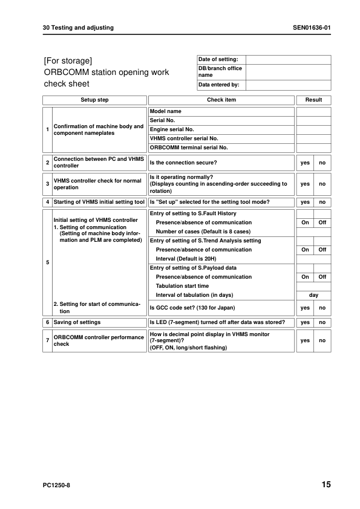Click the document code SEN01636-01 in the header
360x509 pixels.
(312, 28)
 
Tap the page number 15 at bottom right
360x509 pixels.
(326, 485)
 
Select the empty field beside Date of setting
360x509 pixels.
(288, 59)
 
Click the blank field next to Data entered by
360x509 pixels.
(288, 85)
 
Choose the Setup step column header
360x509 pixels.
(94, 100)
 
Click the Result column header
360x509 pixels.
(313, 100)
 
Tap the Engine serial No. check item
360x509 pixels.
(172, 129)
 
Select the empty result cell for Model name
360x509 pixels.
(313, 111)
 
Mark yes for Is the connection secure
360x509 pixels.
(305, 163)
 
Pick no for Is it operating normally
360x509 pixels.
(322, 184)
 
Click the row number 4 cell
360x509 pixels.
(47, 202)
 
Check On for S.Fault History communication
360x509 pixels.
(305, 222)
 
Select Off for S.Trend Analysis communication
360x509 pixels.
(322, 250)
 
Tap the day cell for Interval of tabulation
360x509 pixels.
(313, 295)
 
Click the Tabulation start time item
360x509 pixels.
(182, 286)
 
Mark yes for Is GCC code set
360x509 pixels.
(305, 308)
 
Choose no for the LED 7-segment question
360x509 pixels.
(322, 322)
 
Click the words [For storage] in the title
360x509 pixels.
(68, 61)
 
